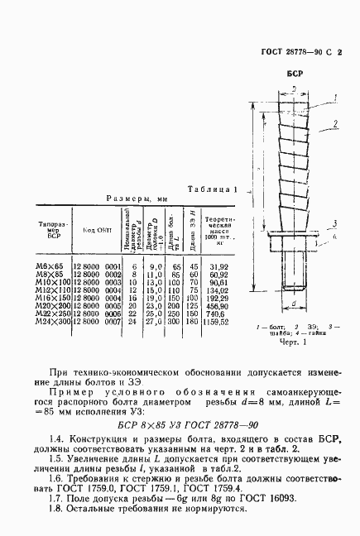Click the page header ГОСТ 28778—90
[286, 50]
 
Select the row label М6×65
[47, 266]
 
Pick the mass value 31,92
[218, 266]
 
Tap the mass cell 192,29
[218, 297]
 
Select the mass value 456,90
[218, 304]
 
